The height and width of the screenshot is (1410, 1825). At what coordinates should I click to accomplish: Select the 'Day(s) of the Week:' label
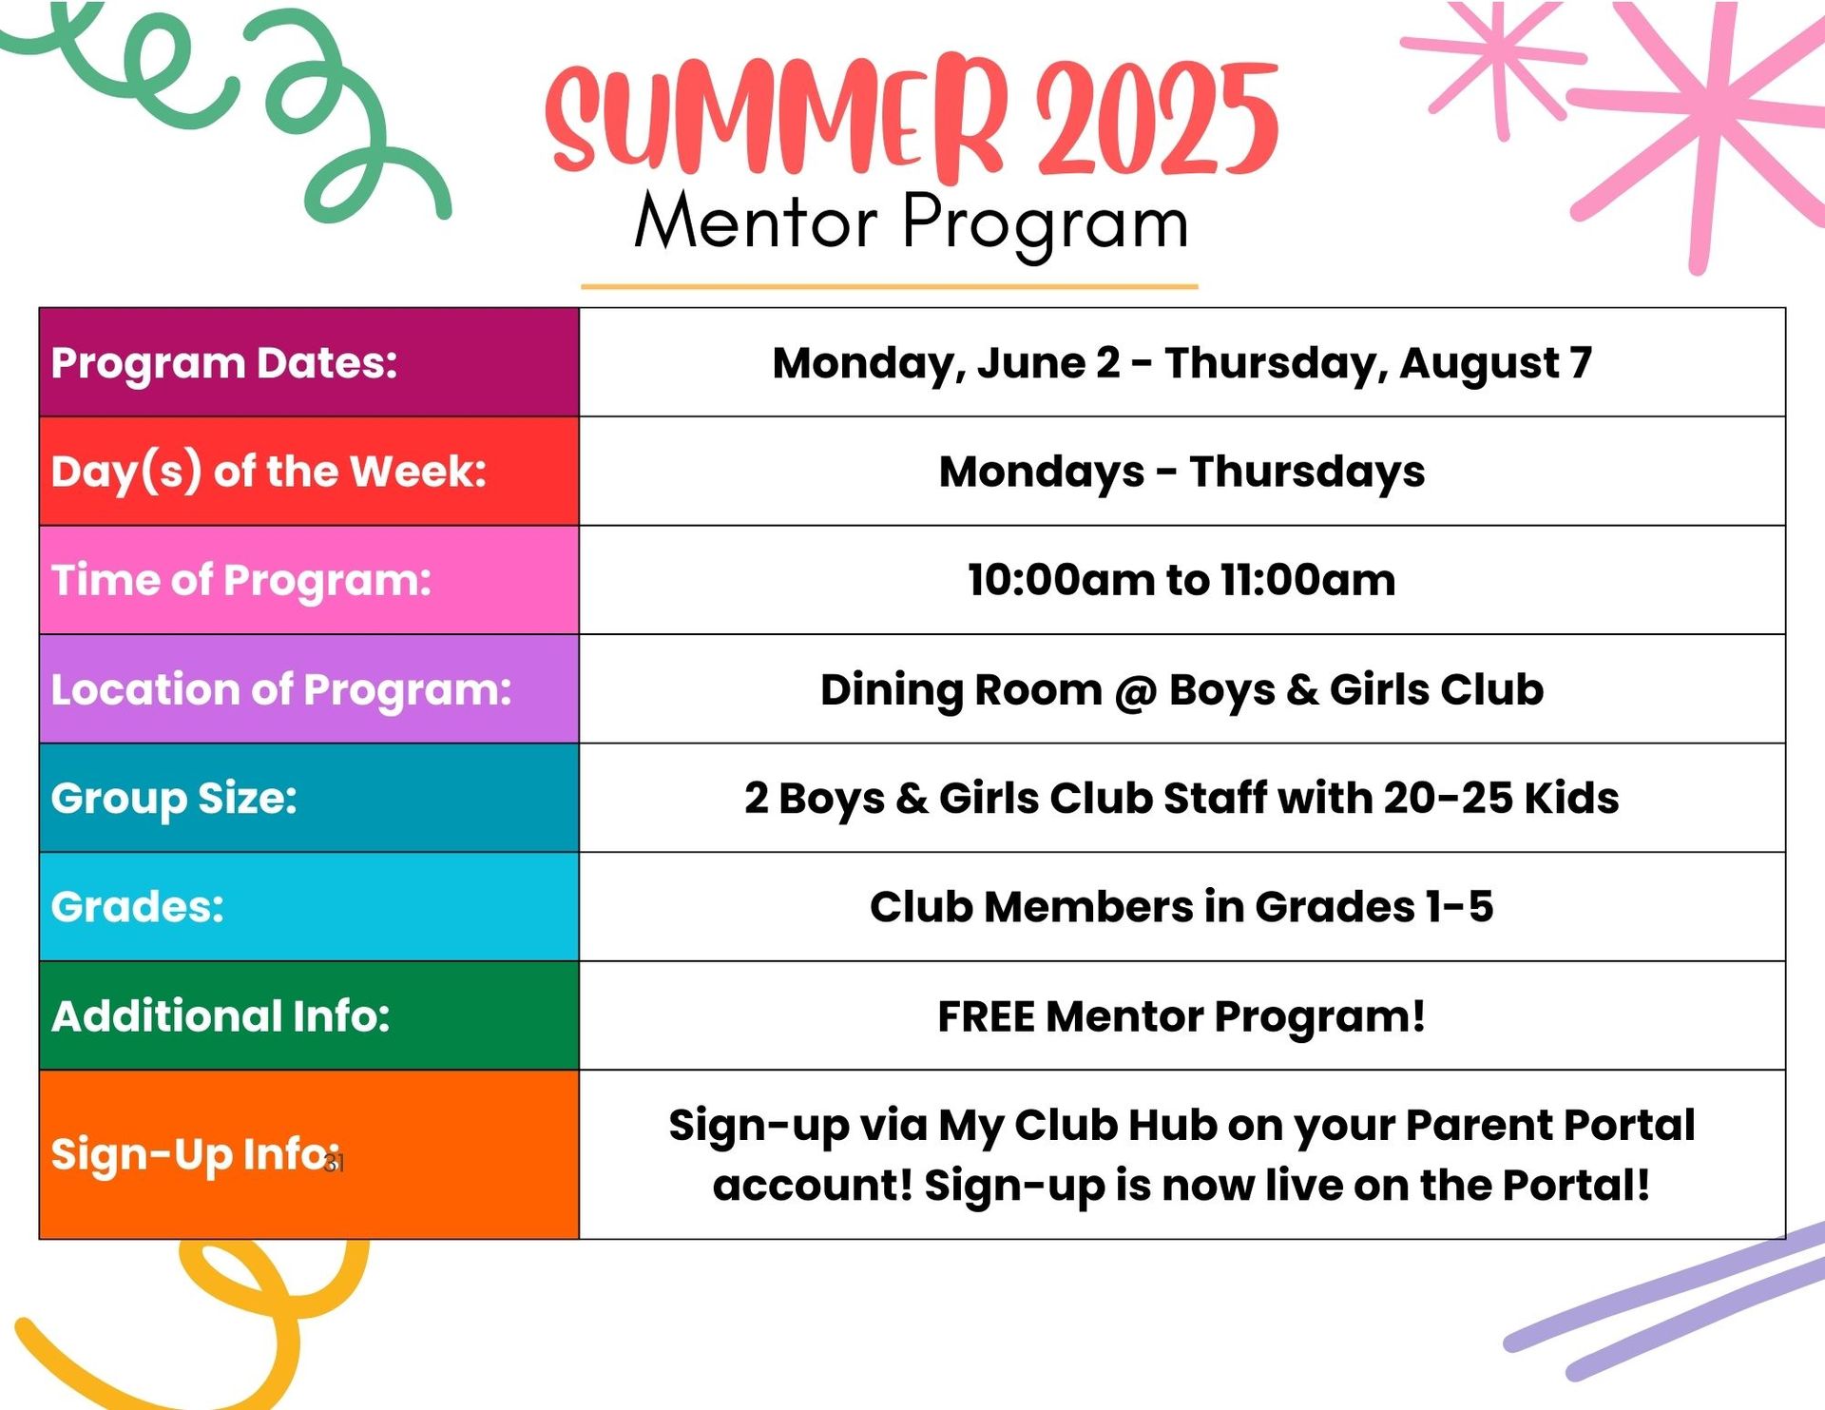(269, 473)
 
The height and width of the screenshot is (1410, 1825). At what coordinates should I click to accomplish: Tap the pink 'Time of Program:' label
(241, 581)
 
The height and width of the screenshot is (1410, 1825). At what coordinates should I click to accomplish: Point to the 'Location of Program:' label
(281, 690)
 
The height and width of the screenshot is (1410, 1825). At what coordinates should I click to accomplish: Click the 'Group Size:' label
(174, 799)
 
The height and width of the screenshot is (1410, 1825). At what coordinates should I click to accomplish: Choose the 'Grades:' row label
(138, 907)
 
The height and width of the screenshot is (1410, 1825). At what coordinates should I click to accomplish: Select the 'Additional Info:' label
(221, 1015)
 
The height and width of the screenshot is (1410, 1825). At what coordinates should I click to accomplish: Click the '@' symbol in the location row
(1136, 691)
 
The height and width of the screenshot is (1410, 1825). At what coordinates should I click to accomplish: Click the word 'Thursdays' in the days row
(1307, 473)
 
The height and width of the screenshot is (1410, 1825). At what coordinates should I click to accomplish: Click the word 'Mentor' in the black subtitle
(756, 222)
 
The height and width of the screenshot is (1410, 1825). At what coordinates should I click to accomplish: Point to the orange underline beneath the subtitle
(890, 285)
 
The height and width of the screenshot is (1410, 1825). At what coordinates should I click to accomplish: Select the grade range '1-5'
(1459, 907)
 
